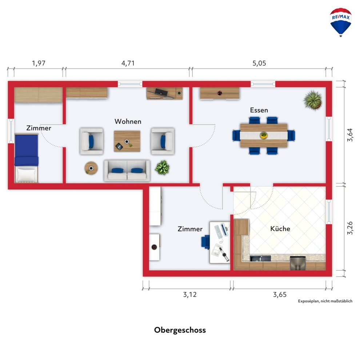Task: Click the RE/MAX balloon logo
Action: click(x=340, y=22)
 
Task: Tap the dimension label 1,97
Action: click(x=39, y=63)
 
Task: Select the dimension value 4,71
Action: click(x=128, y=63)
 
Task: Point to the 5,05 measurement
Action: click(x=259, y=63)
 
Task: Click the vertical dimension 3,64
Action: click(x=350, y=135)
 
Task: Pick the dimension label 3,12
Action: click(x=190, y=294)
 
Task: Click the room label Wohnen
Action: click(x=128, y=122)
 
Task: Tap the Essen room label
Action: click(x=259, y=110)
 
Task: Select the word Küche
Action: click(x=280, y=229)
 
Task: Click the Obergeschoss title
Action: click(x=180, y=330)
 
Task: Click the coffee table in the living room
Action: click(x=127, y=141)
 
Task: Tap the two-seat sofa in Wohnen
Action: click(x=127, y=170)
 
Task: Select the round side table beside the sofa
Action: click(x=91, y=168)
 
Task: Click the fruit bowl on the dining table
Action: click(x=264, y=135)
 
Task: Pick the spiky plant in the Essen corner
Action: click(x=313, y=100)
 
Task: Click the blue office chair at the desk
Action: click(x=205, y=242)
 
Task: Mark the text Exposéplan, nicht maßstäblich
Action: click(x=325, y=301)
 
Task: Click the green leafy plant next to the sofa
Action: click(x=162, y=167)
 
